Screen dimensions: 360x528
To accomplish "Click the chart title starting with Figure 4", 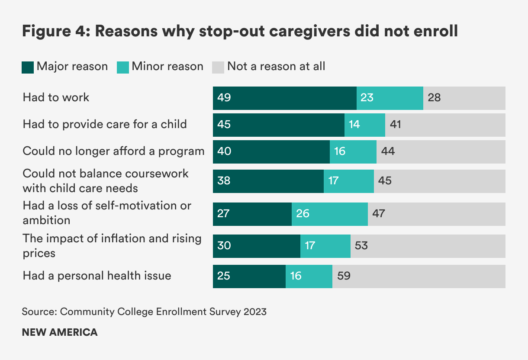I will (240, 32).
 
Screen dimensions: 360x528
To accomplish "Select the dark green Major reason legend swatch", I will (28, 67).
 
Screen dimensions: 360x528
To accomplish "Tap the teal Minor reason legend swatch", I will (123, 67).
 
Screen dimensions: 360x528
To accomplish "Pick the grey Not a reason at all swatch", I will (218, 67).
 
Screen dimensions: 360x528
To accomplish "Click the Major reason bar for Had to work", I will (284, 98).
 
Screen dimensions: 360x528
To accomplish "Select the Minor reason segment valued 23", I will (390, 98).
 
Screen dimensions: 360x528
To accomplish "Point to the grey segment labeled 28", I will (464, 98).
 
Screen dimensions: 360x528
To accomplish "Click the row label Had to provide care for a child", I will (105, 125).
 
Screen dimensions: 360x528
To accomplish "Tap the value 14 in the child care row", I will (354, 125).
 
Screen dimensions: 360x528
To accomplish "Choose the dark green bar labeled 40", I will (271, 152).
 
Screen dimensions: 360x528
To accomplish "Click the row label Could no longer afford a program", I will (113, 151).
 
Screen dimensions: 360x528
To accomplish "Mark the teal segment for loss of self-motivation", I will (329, 214).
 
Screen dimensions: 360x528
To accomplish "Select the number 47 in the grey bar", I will (379, 214).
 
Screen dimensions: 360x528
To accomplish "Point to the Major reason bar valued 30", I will (256, 246).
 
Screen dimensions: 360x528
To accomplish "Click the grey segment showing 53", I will (428, 246).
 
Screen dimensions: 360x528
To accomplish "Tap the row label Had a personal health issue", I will (97, 276).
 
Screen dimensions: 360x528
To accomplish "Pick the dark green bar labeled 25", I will (249, 276).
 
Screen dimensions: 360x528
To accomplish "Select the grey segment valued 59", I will (419, 276).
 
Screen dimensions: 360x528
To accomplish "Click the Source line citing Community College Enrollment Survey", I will (144, 312).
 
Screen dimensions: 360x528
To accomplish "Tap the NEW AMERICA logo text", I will (60, 333).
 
